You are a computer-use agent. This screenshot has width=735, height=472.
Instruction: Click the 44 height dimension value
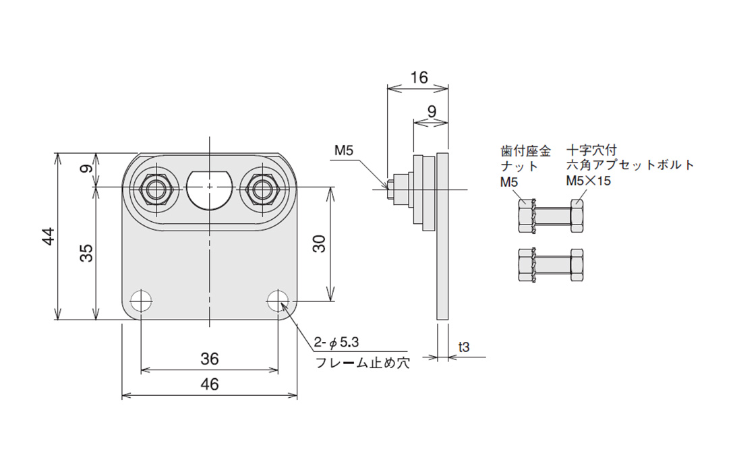(49, 236)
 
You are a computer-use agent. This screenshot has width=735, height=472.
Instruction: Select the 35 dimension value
(86, 253)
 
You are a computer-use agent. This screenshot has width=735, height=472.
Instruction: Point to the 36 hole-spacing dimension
(210, 359)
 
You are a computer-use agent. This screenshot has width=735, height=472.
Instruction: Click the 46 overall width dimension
(210, 384)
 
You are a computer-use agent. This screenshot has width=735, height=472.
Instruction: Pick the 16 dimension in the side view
(419, 78)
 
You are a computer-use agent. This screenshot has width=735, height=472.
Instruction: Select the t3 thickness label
(464, 347)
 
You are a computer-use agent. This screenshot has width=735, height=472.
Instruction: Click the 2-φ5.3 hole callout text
(336, 343)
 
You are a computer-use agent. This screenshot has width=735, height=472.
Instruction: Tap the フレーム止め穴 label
(362, 363)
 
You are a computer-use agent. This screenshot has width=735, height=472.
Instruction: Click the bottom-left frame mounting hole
(141, 301)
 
